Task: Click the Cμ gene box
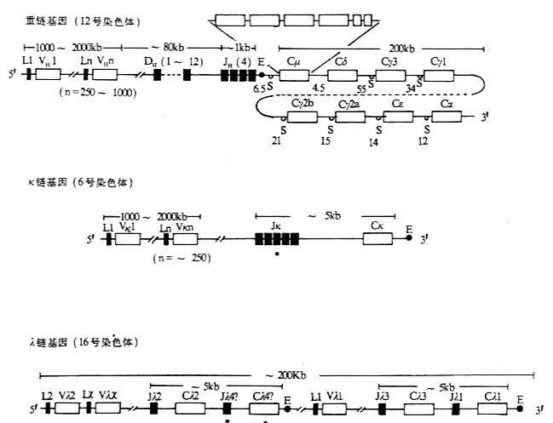point(293,76)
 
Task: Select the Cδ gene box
point(342,76)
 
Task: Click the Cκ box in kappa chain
point(377,240)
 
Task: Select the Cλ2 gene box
point(191,409)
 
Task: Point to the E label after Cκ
point(409,229)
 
